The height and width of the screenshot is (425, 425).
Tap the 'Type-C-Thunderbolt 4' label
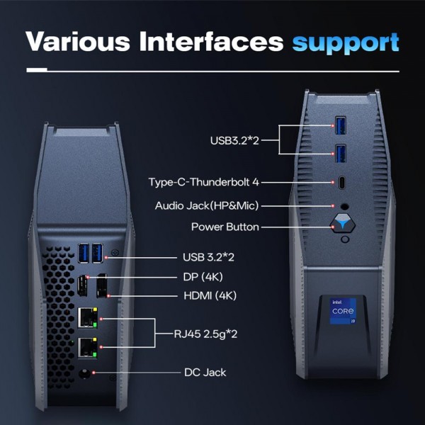tap(204, 182)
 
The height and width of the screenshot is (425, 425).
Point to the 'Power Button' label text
tap(225, 227)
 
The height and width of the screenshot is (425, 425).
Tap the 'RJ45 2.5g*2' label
tap(205, 332)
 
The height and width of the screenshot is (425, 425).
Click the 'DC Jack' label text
tap(204, 371)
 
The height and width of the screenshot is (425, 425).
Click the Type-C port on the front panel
tap(342, 182)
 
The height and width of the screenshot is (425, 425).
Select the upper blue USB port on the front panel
tap(341, 127)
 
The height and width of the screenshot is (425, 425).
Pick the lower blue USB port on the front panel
tap(341, 153)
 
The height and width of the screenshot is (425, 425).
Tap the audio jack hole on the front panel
tap(344, 206)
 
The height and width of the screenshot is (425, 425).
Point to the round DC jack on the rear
tap(87, 373)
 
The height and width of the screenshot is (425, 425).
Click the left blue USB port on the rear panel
tap(85, 252)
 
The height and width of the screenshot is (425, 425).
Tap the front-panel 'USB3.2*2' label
tap(235, 140)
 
